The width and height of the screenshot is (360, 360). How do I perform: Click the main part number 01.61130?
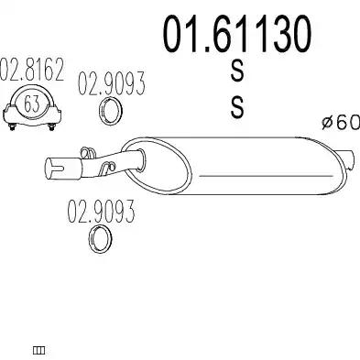pos(237,34)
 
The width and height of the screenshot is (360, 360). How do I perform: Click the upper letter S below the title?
pos(237,71)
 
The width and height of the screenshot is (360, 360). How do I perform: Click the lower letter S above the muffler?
pos(237,107)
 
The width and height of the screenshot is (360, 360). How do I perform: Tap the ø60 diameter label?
pos(341,122)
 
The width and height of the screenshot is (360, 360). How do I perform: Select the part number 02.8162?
pos(32,70)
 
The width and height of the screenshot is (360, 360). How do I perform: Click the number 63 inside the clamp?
pos(32,104)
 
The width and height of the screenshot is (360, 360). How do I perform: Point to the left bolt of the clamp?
pos(12,126)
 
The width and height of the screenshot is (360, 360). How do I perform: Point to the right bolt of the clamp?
pos(52,126)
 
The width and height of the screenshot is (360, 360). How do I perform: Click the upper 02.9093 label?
pos(111,83)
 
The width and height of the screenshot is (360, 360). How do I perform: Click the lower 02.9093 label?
pos(101,212)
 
